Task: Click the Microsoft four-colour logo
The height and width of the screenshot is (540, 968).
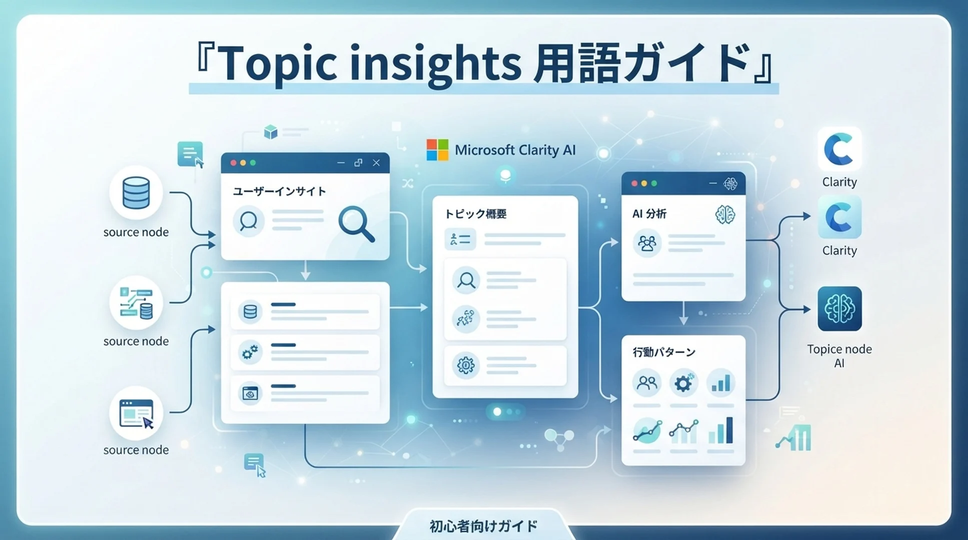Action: coord(437,150)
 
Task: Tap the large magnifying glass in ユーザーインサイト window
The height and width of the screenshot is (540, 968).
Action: coord(356,224)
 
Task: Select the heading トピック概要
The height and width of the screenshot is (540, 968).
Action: coord(476,214)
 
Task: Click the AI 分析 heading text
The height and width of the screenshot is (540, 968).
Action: coord(649,214)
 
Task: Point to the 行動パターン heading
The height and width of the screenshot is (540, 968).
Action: coord(664,352)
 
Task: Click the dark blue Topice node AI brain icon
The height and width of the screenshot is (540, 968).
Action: coord(839,308)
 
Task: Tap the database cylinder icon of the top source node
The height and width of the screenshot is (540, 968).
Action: coord(136,193)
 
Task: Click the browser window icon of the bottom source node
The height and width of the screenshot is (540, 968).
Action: coord(136,414)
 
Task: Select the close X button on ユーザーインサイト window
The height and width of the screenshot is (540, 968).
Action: coord(376,162)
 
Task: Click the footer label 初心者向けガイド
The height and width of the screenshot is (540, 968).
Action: coord(483,526)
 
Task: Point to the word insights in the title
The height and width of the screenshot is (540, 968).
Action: coord(435,64)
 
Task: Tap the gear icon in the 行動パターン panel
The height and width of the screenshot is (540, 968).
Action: coord(683,383)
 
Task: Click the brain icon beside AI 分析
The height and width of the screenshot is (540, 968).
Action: coord(725,214)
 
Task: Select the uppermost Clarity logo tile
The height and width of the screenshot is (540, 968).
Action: coord(839,149)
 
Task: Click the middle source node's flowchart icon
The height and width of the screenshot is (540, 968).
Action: coord(136,302)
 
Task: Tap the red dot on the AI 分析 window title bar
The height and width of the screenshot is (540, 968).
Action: coord(634,183)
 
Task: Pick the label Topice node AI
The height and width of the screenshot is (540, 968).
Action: coord(839,356)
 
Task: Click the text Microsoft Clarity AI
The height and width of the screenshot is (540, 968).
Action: coord(515,150)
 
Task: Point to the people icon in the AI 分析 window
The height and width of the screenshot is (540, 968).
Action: coord(647,243)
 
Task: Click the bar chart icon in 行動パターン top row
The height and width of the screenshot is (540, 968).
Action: coord(720,383)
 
